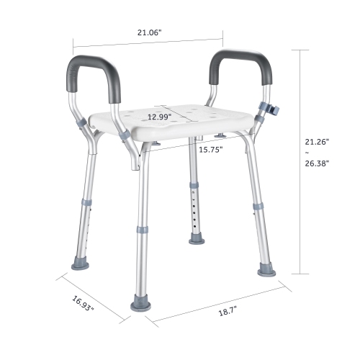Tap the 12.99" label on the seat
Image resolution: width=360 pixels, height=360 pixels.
point(160,116)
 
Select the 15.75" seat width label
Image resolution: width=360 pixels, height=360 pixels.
point(211,149)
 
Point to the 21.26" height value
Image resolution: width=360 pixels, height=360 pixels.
point(317,140)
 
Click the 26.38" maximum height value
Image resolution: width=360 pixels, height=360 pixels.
point(317,163)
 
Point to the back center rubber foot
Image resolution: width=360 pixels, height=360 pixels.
point(197,237)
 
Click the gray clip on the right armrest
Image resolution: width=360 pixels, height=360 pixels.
point(274,109)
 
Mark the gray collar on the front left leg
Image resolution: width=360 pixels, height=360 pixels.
point(144,230)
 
